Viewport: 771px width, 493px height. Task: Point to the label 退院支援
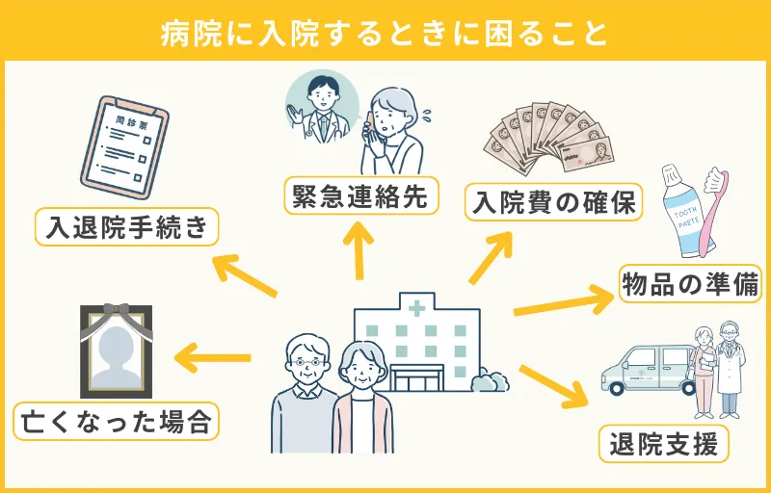[664, 445]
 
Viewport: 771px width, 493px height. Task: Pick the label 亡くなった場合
[115, 421]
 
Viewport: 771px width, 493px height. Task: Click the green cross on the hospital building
[416, 309]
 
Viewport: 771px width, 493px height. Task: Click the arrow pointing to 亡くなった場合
[212, 360]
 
